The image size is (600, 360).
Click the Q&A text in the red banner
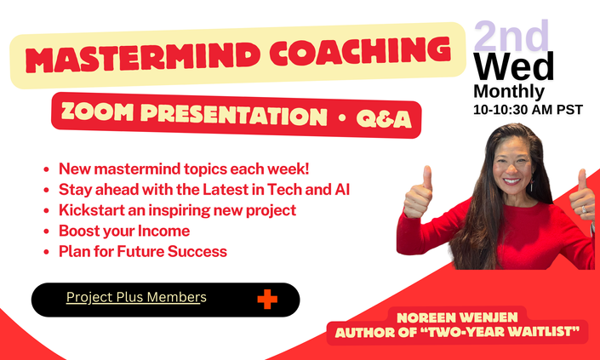tap(384, 119)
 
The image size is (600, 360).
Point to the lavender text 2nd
tap(511, 36)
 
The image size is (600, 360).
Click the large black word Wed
tap(514, 66)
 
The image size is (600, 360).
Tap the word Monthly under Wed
tap(509, 91)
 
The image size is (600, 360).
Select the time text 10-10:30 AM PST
tap(528, 110)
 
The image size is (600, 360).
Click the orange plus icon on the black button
tap(267, 300)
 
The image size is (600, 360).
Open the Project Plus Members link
tap(136, 297)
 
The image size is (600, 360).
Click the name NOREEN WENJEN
tap(457, 317)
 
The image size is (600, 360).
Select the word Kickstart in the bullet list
tap(91, 210)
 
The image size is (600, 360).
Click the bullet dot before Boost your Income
tap(46, 231)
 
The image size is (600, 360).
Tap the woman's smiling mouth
tap(511, 181)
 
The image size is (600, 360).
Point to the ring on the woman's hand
tap(585, 209)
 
